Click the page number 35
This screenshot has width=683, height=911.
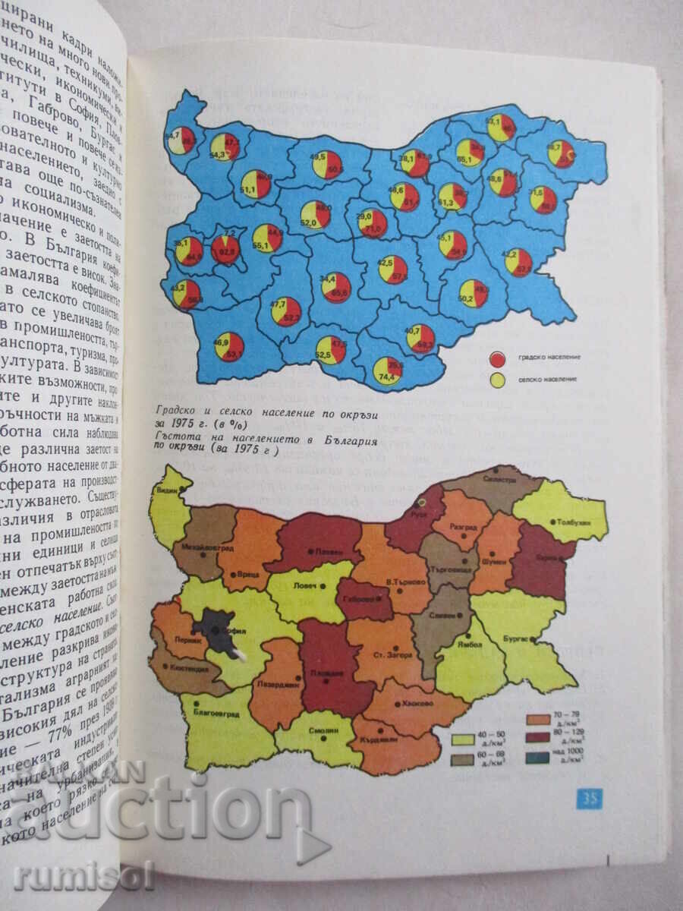click(589, 798)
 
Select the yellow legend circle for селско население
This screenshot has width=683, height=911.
click(498, 377)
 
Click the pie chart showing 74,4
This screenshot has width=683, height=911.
click(389, 370)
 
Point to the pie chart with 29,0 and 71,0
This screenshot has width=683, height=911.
click(373, 222)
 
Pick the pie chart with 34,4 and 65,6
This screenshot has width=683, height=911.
click(335, 287)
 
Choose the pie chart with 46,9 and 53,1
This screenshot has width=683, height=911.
click(229, 346)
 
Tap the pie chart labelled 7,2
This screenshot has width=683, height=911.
click(225, 248)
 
